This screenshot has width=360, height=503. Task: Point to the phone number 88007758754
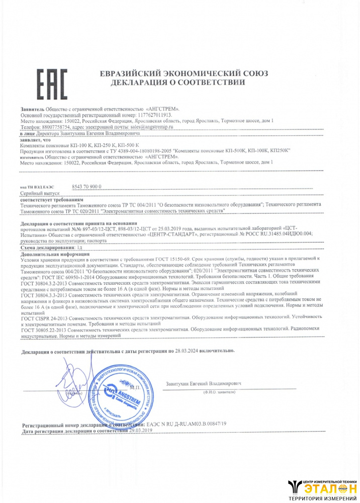(51, 127)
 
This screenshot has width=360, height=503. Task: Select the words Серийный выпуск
(40, 193)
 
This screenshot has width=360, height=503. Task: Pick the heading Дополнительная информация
(53, 255)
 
